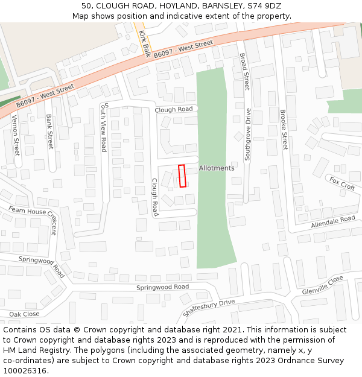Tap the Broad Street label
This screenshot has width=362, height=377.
(244, 72)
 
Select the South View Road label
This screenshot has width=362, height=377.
(104, 127)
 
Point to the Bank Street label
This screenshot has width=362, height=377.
(49, 131)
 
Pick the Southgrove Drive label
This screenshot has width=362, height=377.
(247, 134)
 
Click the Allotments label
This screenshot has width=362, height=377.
(217, 168)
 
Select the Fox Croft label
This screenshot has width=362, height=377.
(341, 183)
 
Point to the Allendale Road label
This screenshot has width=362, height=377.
(333, 221)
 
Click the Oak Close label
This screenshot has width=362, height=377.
(24, 314)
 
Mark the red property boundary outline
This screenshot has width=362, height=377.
(182, 176)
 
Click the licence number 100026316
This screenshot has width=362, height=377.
(25, 371)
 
